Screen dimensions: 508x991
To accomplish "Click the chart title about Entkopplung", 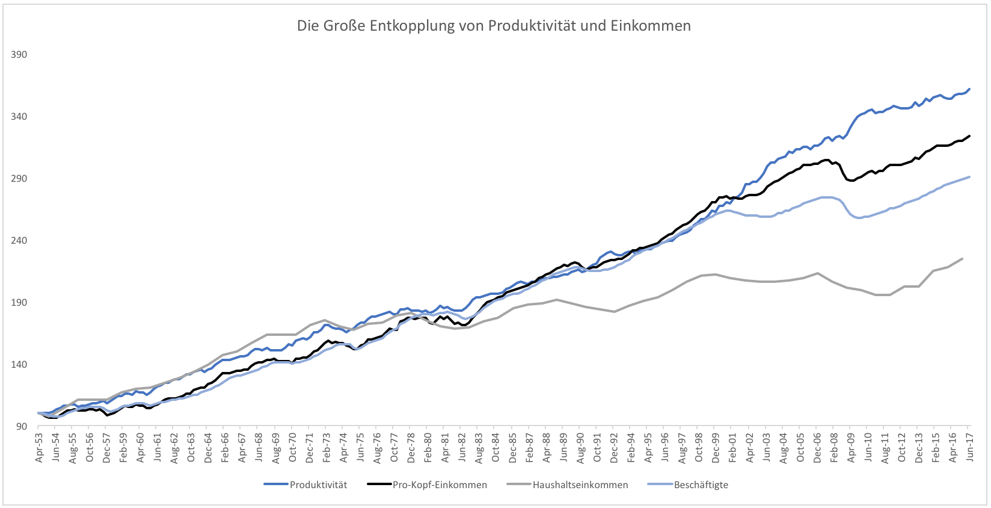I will pyautogui.click(x=494, y=26).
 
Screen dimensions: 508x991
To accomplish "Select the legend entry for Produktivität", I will pyautogui.click(x=318, y=485).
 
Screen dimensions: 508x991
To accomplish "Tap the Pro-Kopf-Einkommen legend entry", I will pyautogui.click(x=440, y=485).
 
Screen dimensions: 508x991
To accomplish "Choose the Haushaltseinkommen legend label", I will pyautogui.click(x=580, y=485).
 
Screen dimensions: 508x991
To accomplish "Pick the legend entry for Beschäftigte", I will pyautogui.click(x=701, y=485).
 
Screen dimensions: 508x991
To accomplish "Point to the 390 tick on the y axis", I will pyautogui.click(x=19, y=54).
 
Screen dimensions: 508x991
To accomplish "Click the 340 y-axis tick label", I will pyautogui.click(x=19, y=116).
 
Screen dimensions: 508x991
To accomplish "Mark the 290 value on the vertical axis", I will pyautogui.click(x=19, y=178).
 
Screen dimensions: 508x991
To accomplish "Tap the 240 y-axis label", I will pyautogui.click(x=19, y=240).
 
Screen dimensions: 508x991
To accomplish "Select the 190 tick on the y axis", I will pyautogui.click(x=19, y=302).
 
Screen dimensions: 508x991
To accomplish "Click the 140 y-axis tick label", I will pyautogui.click(x=19, y=364).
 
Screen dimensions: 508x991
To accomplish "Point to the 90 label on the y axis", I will pyautogui.click(x=22, y=426).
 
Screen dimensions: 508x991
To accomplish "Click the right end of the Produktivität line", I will pyautogui.click(x=969, y=90).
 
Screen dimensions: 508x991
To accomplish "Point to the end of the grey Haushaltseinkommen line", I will pyautogui.click(x=963, y=259).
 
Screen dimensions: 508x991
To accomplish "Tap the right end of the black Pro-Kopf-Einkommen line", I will pyautogui.click(x=969, y=136).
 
